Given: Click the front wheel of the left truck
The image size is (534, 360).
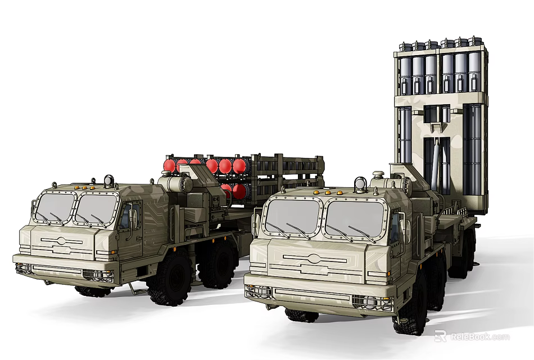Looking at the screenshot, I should pos(168,278).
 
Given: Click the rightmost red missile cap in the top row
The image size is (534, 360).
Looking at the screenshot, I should pos(240,165).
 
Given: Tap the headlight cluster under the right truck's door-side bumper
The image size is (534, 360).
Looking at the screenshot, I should pos(370,301).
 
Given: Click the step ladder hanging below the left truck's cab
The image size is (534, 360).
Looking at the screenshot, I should pos(135,288).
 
